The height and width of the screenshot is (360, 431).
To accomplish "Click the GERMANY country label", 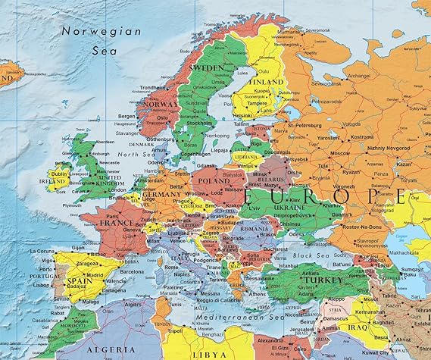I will click(161, 195).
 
